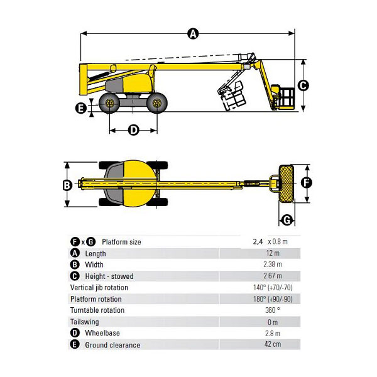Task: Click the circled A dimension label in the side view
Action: [193, 34]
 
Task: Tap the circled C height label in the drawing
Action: [303, 85]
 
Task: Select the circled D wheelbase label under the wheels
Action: [133, 130]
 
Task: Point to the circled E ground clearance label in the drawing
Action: [81, 108]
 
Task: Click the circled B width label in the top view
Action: [67, 185]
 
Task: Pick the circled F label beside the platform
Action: [307, 183]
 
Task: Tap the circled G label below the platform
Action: [287, 220]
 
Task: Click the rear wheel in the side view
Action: [109, 103]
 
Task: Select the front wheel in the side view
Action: [156, 103]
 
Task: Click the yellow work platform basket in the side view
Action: [283, 97]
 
